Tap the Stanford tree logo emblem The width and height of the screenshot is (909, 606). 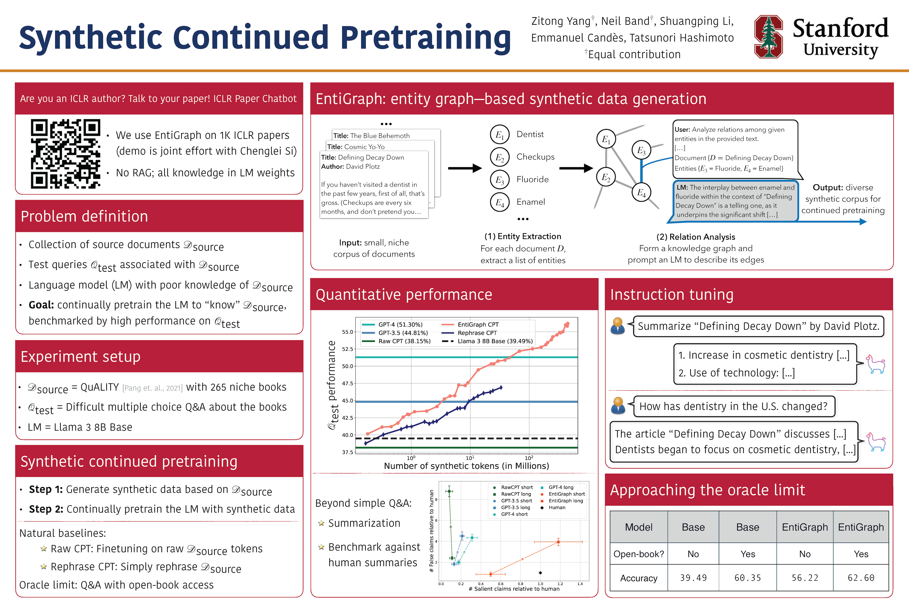[x=768, y=37]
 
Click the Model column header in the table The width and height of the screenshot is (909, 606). [x=639, y=527]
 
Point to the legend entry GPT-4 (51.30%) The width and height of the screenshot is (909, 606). [x=400, y=325]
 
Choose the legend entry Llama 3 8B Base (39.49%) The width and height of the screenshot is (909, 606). [x=495, y=341]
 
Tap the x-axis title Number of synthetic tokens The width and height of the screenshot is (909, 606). [x=466, y=466]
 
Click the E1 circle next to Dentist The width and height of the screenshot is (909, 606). [x=500, y=135]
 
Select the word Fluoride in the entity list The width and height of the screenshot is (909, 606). [x=533, y=179]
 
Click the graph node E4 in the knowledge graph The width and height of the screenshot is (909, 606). [x=641, y=192]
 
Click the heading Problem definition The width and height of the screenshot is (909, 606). [x=84, y=216]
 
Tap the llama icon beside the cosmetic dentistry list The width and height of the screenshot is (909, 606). [x=875, y=364]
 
